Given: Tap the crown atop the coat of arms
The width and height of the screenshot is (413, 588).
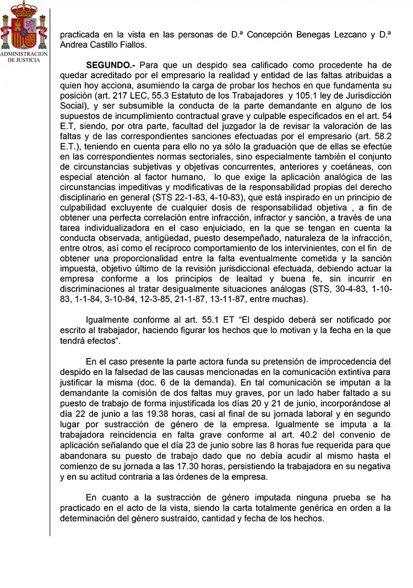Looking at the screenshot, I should click(20, 8).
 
